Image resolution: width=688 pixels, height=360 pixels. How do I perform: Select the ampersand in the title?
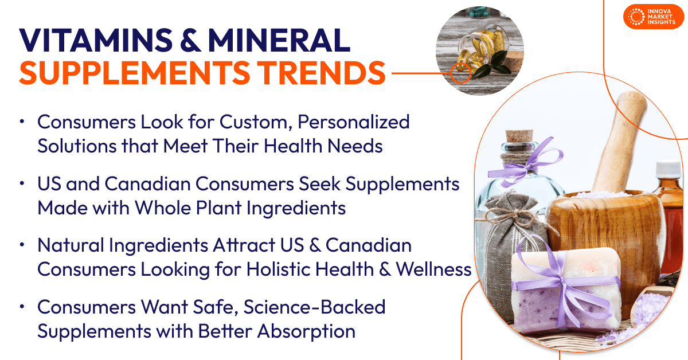tap(186, 41)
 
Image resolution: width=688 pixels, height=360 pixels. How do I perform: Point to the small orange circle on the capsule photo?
tap(460, 73)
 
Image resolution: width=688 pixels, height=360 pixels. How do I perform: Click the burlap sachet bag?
tap(505, 229)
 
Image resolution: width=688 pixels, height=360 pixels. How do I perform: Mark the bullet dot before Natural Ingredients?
tap(21, 245)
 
